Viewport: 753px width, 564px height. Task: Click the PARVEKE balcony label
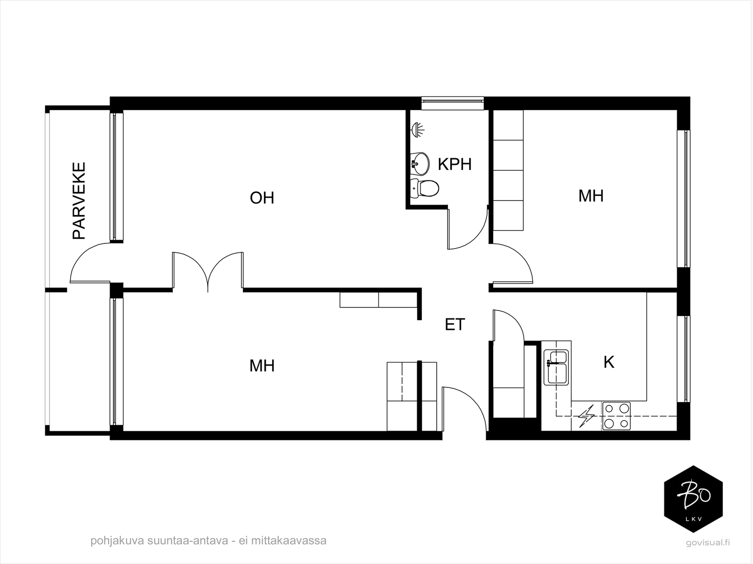(79, 201)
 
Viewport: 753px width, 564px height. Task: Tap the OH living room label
(262, 198)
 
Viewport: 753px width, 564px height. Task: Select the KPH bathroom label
(454, 164)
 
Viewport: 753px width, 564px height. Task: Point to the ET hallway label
(455, 324)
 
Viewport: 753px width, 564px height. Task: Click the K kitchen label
(609, 362)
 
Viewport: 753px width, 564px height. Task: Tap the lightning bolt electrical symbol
(586, 416)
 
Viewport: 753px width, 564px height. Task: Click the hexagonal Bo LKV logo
(693, 499)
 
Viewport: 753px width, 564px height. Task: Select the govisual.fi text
(707, 542)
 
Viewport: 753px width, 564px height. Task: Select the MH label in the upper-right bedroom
(591, 196)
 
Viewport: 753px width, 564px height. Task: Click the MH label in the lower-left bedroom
(262, 365)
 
